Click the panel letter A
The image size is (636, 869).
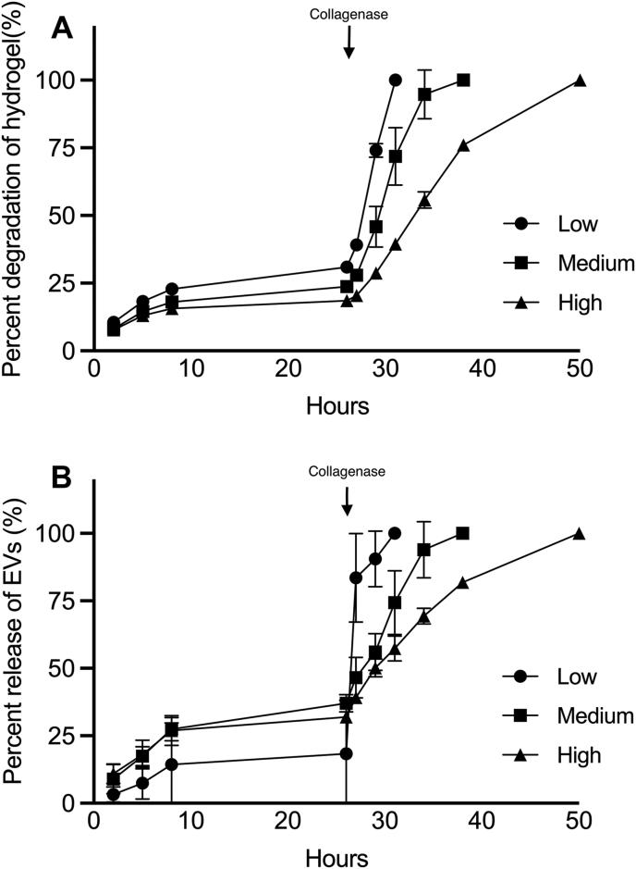(x=62, y=28)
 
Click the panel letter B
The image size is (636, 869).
(x=62, y=481)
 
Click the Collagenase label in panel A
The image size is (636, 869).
(x=348, y=13)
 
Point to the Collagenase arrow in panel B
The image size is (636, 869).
(x=347, y=499)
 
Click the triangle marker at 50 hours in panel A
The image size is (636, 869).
(x=580, y=81)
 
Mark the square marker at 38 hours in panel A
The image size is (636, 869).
(x=463, y=81)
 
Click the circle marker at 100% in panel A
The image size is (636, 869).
(x=396, y=81)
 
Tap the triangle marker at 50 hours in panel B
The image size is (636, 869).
(x=579, y=534)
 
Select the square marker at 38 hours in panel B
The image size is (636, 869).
(x=462, y=533)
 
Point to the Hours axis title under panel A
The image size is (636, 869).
(x=338, y=405)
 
